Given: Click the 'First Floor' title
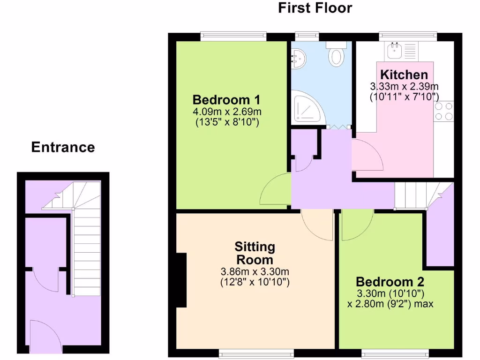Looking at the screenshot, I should point(315,8).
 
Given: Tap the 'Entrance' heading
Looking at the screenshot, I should point(63,147).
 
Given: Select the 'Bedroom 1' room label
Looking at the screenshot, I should point(226,100).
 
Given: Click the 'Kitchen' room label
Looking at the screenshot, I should point(404,75).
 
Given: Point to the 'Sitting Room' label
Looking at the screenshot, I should point(255,253).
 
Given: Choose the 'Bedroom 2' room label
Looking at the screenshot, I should point(390,282).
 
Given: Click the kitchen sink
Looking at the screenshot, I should point(393,50).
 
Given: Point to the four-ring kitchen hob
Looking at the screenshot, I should point(443,111).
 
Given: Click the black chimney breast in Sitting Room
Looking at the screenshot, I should point(181,280).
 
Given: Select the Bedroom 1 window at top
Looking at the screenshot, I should point(233,36).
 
